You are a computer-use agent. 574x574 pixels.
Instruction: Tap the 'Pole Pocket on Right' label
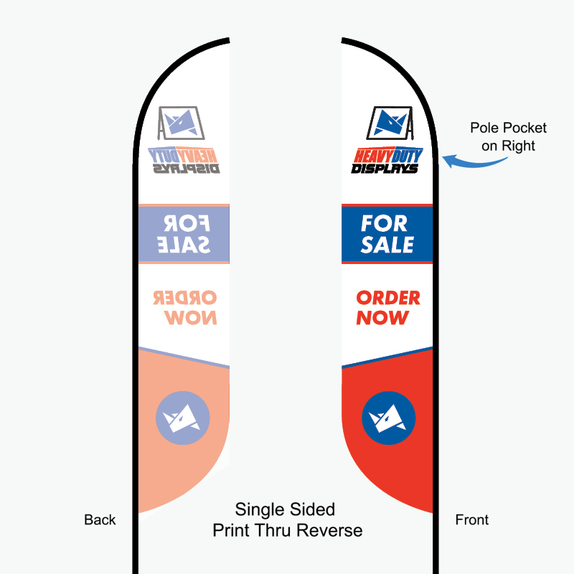[508, 136]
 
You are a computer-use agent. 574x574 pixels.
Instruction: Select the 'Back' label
[100, 519]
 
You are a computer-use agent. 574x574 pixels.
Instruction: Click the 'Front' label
[472, 519]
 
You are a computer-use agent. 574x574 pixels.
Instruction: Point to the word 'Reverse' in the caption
[330, 530]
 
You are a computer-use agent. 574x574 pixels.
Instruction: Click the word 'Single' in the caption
[260, 510]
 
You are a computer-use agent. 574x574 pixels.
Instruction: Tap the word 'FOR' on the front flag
[384, 223]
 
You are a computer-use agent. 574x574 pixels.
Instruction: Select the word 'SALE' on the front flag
[387, 245]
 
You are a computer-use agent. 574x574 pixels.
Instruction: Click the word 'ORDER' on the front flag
[388, 298]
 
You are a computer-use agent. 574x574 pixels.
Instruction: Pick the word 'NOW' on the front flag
[382, 317]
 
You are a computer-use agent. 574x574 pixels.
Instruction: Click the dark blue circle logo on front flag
[388, 418]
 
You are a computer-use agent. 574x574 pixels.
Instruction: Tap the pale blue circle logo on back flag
[183, 418]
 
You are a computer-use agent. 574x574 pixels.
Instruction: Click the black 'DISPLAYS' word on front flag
[385, 169]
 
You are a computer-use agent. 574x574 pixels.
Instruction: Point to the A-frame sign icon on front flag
[390, 123]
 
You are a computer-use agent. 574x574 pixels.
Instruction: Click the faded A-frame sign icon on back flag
[182, 123]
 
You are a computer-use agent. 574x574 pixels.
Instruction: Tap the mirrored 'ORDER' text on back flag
[185, 298]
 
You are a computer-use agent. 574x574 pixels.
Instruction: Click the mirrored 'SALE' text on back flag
[184, 245]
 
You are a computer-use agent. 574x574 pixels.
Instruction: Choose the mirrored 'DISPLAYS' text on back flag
[187, 169]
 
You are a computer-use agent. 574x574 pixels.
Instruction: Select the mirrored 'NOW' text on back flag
[190, 317]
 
